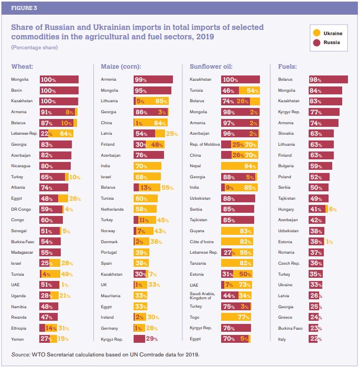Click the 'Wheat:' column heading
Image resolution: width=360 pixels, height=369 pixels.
coord(22,67)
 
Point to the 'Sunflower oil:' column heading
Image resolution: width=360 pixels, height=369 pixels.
coord(211,67)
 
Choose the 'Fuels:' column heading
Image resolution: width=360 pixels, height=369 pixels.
coord(288,67)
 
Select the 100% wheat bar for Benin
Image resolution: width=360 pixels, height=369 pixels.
coord(59,90)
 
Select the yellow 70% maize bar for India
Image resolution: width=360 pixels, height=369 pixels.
coord(147,166)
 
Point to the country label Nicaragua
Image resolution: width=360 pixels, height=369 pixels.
coord(20,166)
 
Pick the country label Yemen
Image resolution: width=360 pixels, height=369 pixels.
coord(18,339)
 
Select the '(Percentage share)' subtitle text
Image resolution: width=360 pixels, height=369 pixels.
coord(34,48)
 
